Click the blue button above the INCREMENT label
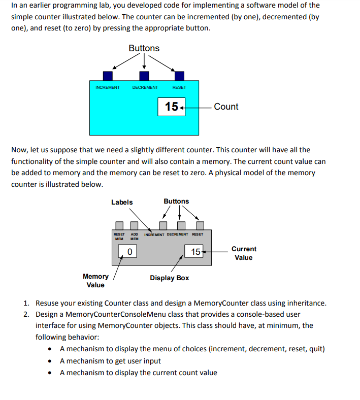(108, 76)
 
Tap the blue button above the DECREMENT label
(144, 76)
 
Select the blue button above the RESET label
(179, 76)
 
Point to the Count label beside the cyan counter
(226, 107)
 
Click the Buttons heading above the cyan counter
(144, 48)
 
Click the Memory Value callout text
(95, 281)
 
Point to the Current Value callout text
(244, 253)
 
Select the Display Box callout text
(170, 278)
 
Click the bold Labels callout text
(122, 202)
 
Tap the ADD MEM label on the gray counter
(135, 237)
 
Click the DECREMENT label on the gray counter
(177, 235)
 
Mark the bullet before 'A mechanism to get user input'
(50, 361)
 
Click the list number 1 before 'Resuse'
(27, 303)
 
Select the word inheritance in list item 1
(306, 303)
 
